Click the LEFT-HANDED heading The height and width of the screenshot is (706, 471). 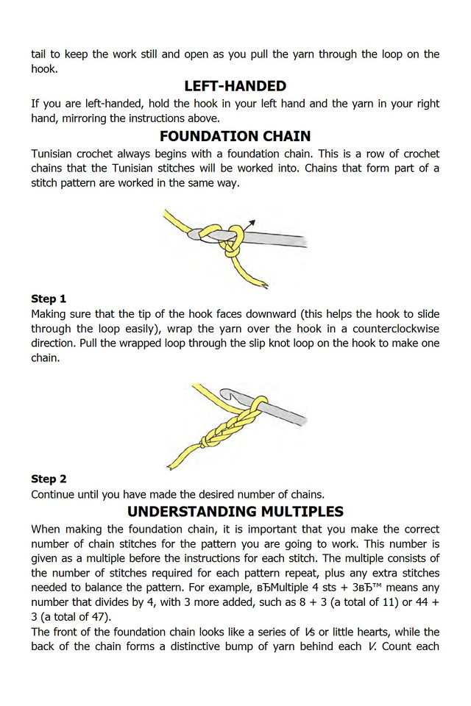tap(235, 86)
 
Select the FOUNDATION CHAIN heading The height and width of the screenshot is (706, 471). tap(235, 136)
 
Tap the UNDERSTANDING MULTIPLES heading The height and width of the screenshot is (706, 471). tap(235, 511)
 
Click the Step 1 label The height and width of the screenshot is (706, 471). tap(49, 299)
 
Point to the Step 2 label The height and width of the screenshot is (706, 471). tap(49, 479)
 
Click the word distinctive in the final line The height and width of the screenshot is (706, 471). tap(220, 646)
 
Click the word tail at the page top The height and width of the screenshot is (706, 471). tap(40, 54)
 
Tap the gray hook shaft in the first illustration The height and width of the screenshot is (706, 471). tap(280, 239)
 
